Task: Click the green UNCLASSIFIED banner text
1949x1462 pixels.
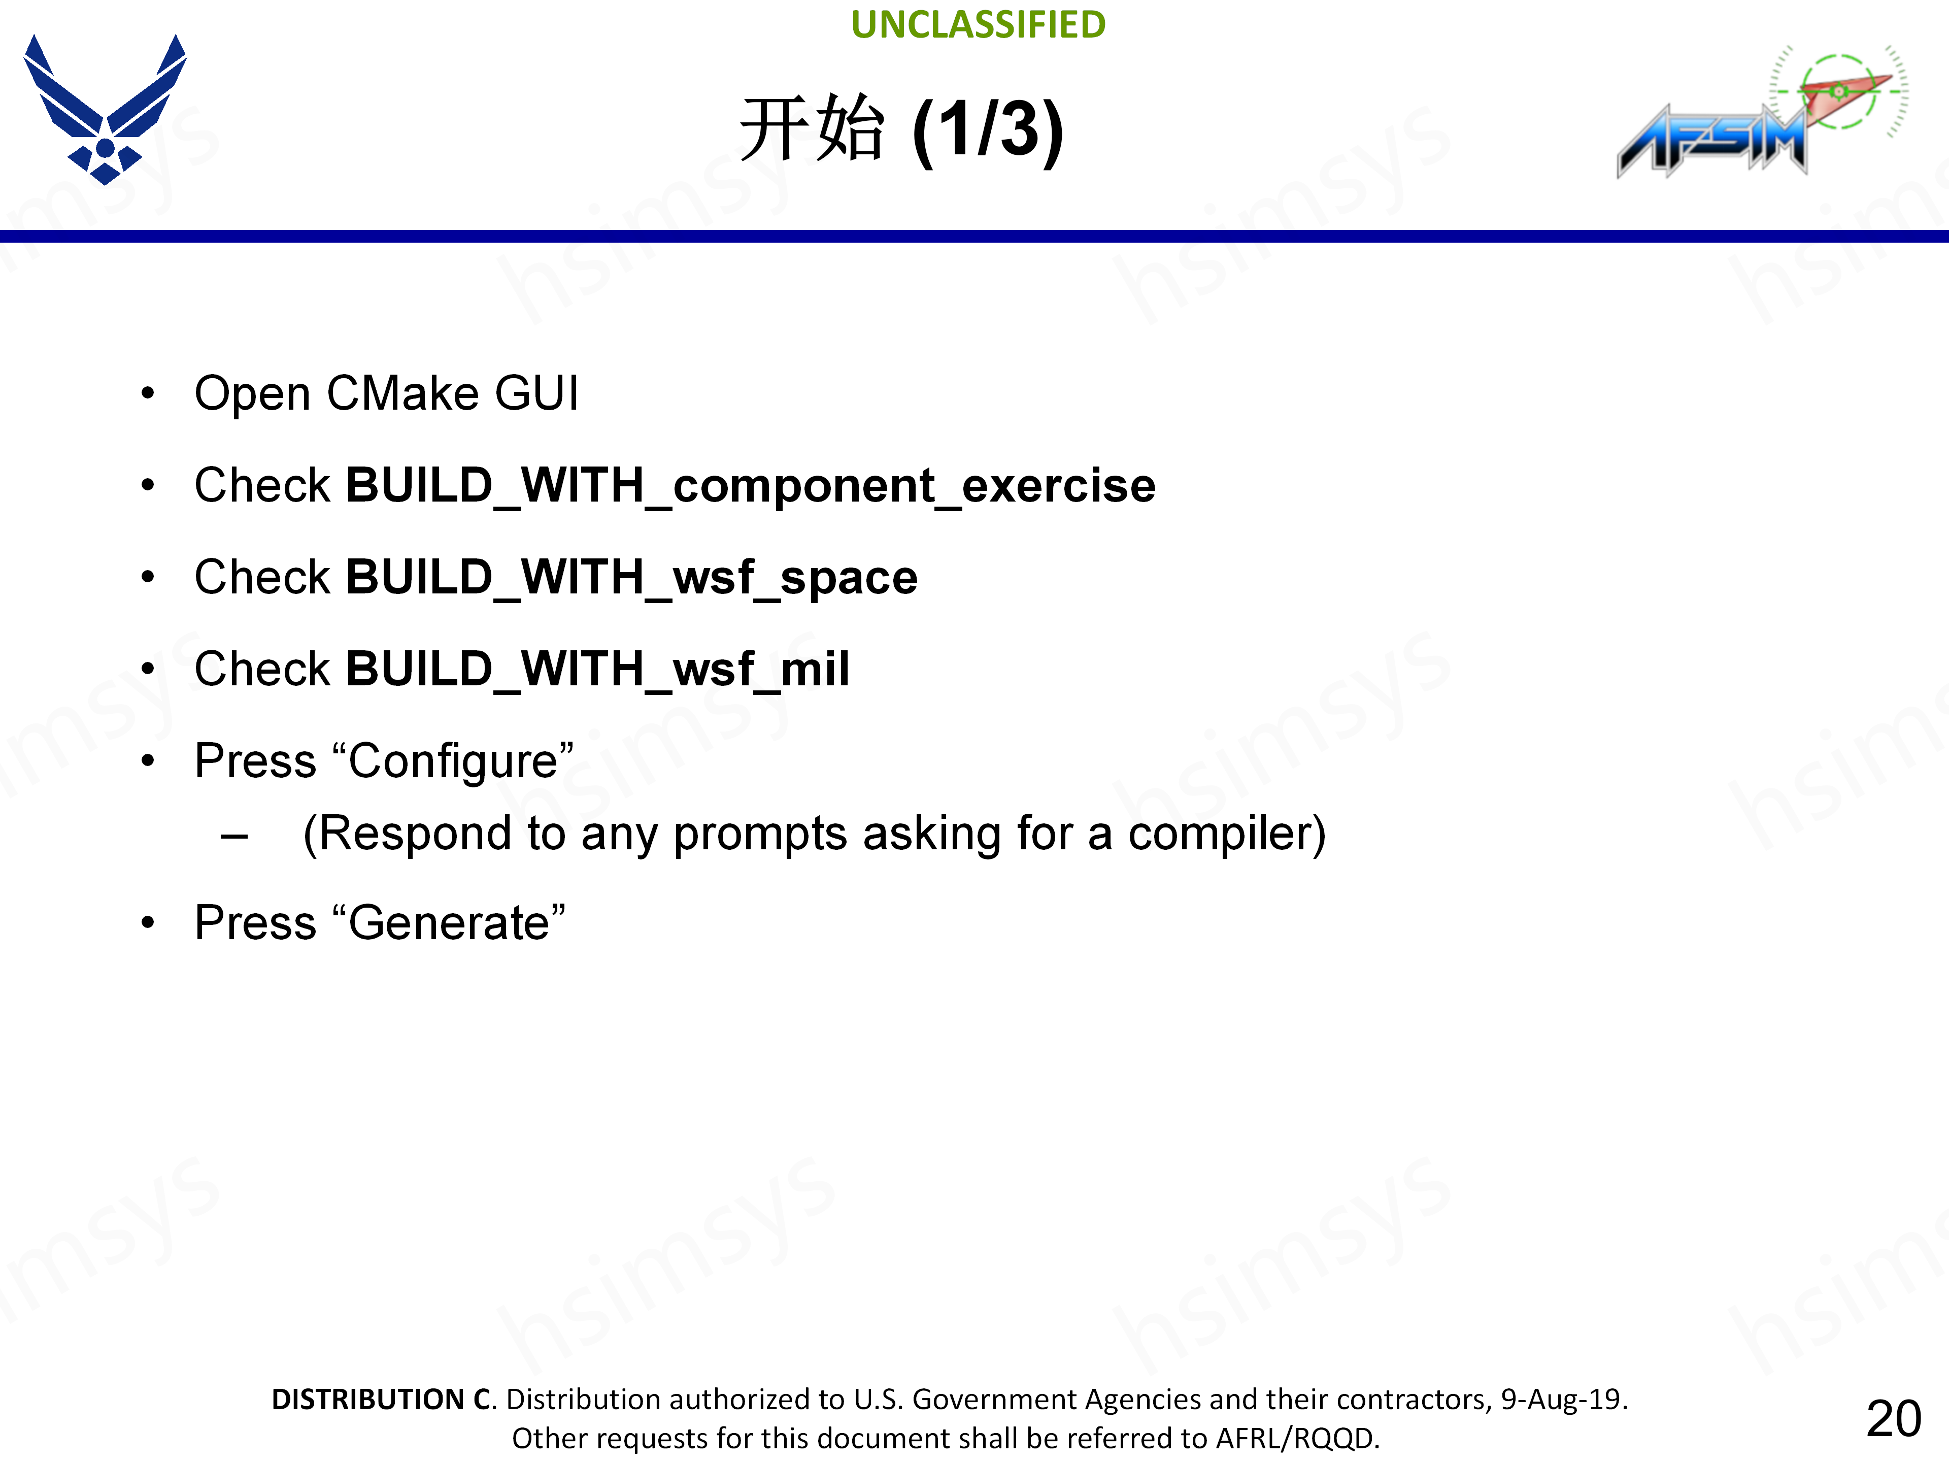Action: click(x=978, y=25)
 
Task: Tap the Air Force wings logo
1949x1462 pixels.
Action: click(x=105, y=109)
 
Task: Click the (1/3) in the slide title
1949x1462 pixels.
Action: click(x=988, y=129)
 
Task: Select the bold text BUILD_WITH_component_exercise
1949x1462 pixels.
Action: click(x=751, y=486)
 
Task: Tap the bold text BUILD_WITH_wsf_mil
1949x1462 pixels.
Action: click(x=597, y=669)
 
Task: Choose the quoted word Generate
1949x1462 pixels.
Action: click(x=449, y=923)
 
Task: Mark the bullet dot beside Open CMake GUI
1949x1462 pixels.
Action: click(x=148, y=394)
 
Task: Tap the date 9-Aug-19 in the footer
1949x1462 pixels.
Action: click(x=1563, y=1400)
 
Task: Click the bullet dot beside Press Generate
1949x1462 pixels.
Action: click(x=148, y=923)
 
